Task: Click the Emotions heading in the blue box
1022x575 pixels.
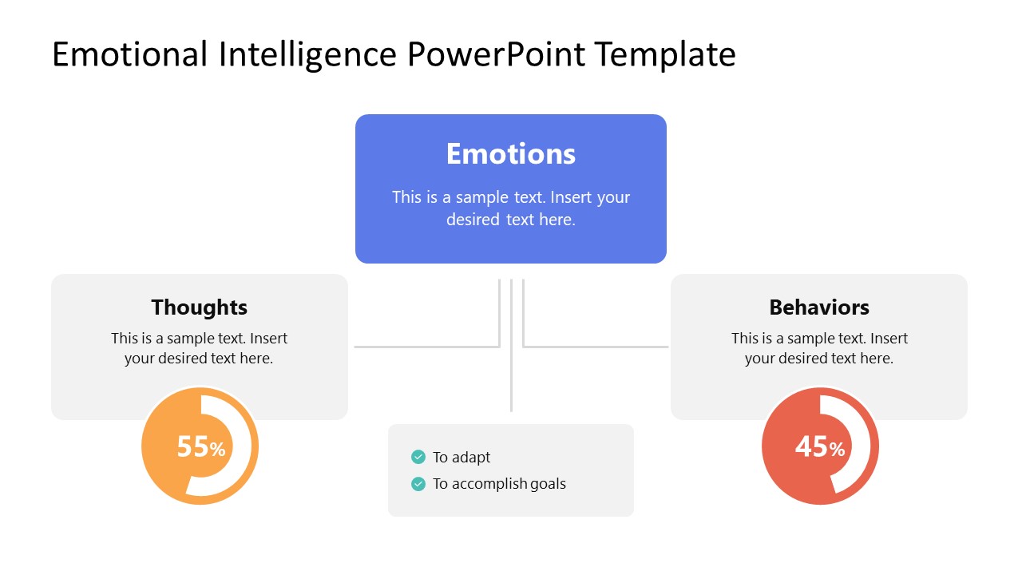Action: click(x=510, y=154)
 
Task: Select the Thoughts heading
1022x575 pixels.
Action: click(x=199, y=307)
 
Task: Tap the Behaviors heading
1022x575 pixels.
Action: click(x=819, y=307)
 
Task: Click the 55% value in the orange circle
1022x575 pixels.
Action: click(x=200, y=447)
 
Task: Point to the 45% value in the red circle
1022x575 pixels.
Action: click(x=819, y=447)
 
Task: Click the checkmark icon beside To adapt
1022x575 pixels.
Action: click(x=418, y=457)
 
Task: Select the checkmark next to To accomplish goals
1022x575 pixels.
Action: click(x=418, y=483)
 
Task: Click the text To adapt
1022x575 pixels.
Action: click(x=461, y=458)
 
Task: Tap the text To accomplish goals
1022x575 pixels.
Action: click(x=499, y=484)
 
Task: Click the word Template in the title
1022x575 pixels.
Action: click(x=664, y=54)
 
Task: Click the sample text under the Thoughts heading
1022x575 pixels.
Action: click(x=199, y=348)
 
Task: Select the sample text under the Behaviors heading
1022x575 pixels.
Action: click(x=819, y=348)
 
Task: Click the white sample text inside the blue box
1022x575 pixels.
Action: click(x=510, y=208)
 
